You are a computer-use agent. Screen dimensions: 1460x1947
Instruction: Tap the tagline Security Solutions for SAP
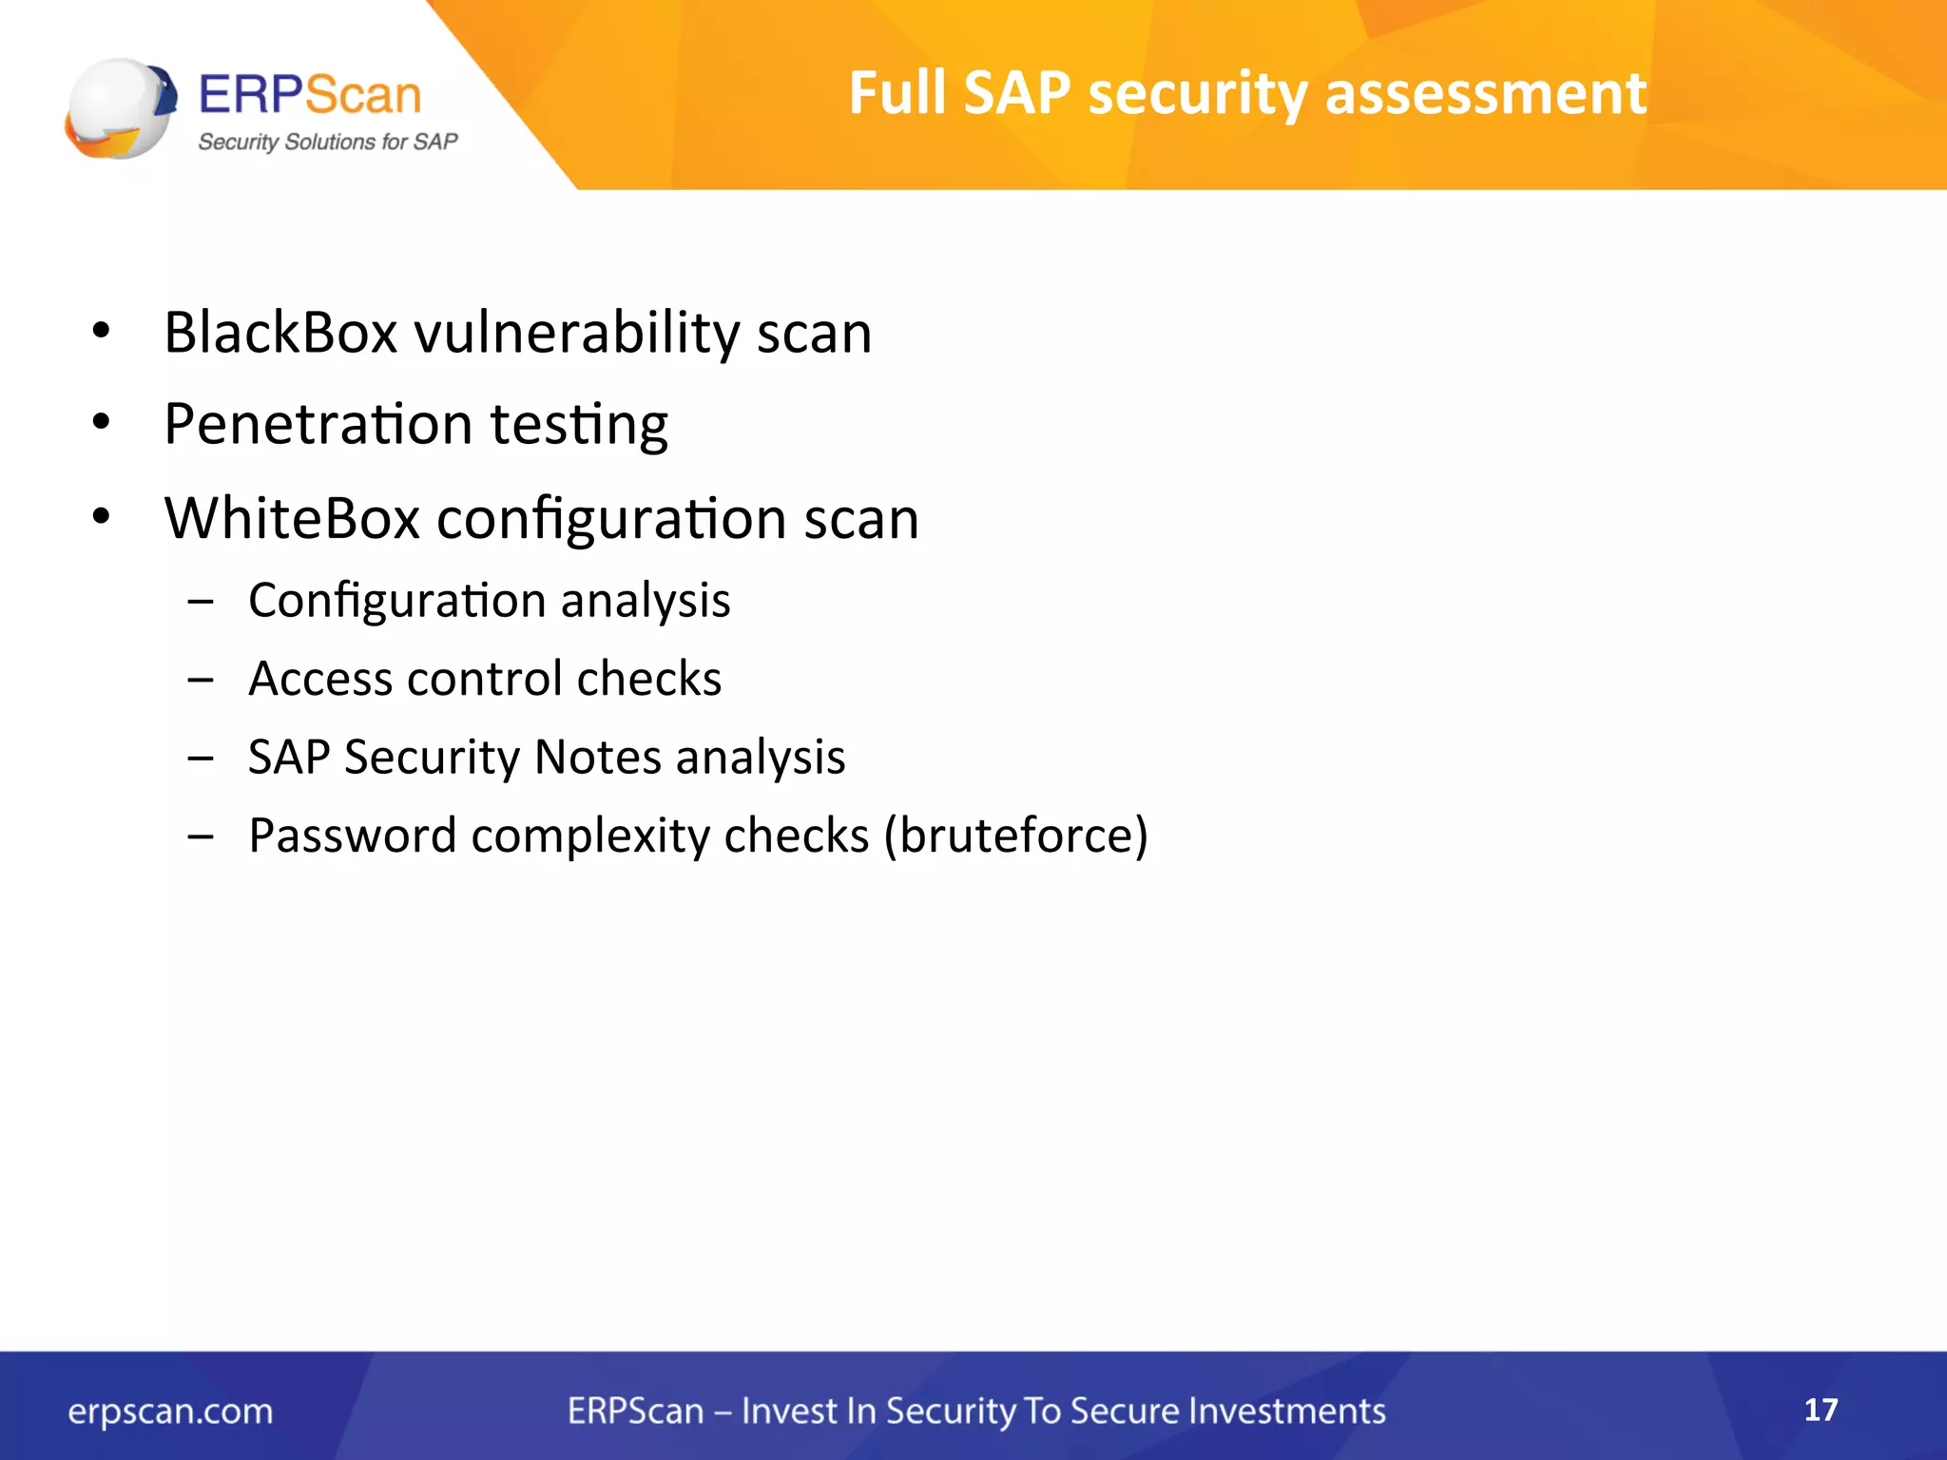click(327, 142)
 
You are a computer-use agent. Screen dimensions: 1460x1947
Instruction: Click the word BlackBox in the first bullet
click(280, 333)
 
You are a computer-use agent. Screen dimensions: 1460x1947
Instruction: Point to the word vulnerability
click(576, 333)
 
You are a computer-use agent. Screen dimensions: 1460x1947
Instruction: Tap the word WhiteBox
click(292, 518)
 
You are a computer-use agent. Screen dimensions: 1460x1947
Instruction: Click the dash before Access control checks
click(201, 680)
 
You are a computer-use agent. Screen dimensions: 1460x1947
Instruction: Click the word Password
click(353, 836)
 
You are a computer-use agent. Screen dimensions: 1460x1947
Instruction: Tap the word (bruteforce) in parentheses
click(1015, 836)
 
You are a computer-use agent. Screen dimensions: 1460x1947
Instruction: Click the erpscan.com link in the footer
click(170, 1411)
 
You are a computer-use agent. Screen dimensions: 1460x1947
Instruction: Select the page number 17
click(1820, 1409)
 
